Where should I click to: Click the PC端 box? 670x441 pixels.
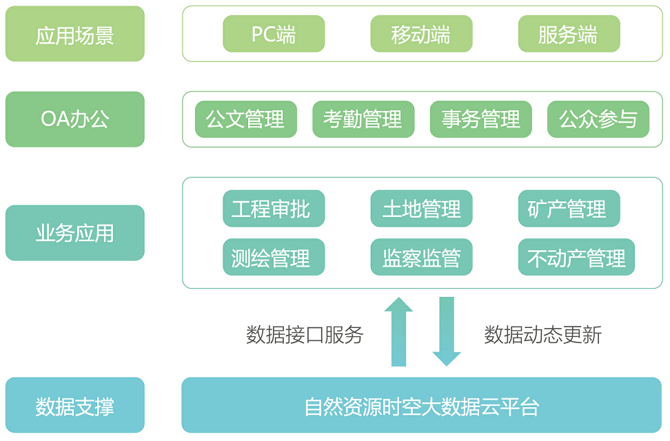[274, 34]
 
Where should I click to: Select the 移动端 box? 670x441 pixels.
[421, 34]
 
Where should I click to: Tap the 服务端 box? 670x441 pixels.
[569, 34]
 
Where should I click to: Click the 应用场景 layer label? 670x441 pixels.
[75, 34]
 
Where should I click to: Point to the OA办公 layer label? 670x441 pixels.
[75, 119]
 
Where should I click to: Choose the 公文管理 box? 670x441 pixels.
[246, 119]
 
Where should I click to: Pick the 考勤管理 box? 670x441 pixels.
[363, 119]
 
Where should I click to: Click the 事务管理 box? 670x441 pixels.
[481, 119]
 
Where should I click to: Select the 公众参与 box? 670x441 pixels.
[598, 119]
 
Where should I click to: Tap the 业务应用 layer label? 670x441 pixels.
[75, 233]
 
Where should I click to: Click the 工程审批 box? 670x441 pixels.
[274, 209]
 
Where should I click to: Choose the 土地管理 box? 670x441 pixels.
[421, 209]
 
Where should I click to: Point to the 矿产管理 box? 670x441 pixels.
[569, 209]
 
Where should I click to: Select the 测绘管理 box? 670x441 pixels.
[274, 258]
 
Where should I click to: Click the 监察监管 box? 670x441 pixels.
[421, 258]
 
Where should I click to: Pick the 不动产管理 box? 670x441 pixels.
[576, 258]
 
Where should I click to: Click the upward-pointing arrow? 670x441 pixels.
[398, 332]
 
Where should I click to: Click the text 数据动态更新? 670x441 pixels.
[543, 335]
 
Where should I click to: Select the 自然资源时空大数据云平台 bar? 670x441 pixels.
[421, 406]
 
